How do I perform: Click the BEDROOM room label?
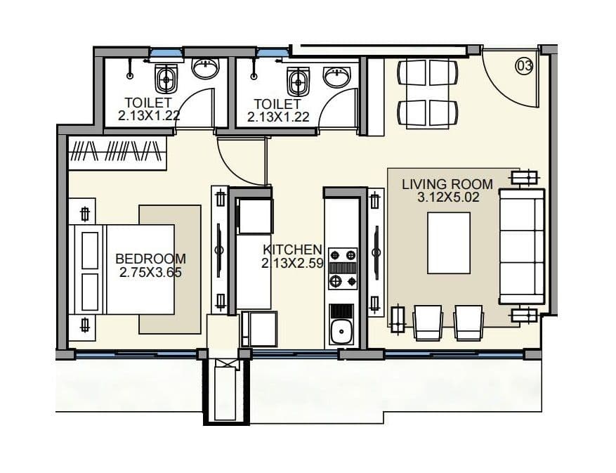[x=150, y=258]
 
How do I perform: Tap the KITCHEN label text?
[x=292, y=250]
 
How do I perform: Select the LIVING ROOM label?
[x=447, y=184]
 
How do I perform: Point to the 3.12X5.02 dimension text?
[x=447, y=197]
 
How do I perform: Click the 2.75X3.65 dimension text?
[x=150, y=272]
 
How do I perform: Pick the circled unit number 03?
[x=524, y=66]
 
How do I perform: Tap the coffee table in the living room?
[x=448, y=242]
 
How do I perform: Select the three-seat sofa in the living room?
[x=521, y=246]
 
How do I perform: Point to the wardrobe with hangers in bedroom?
[x=117, y=153]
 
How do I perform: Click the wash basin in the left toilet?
[x=206, y=68]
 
